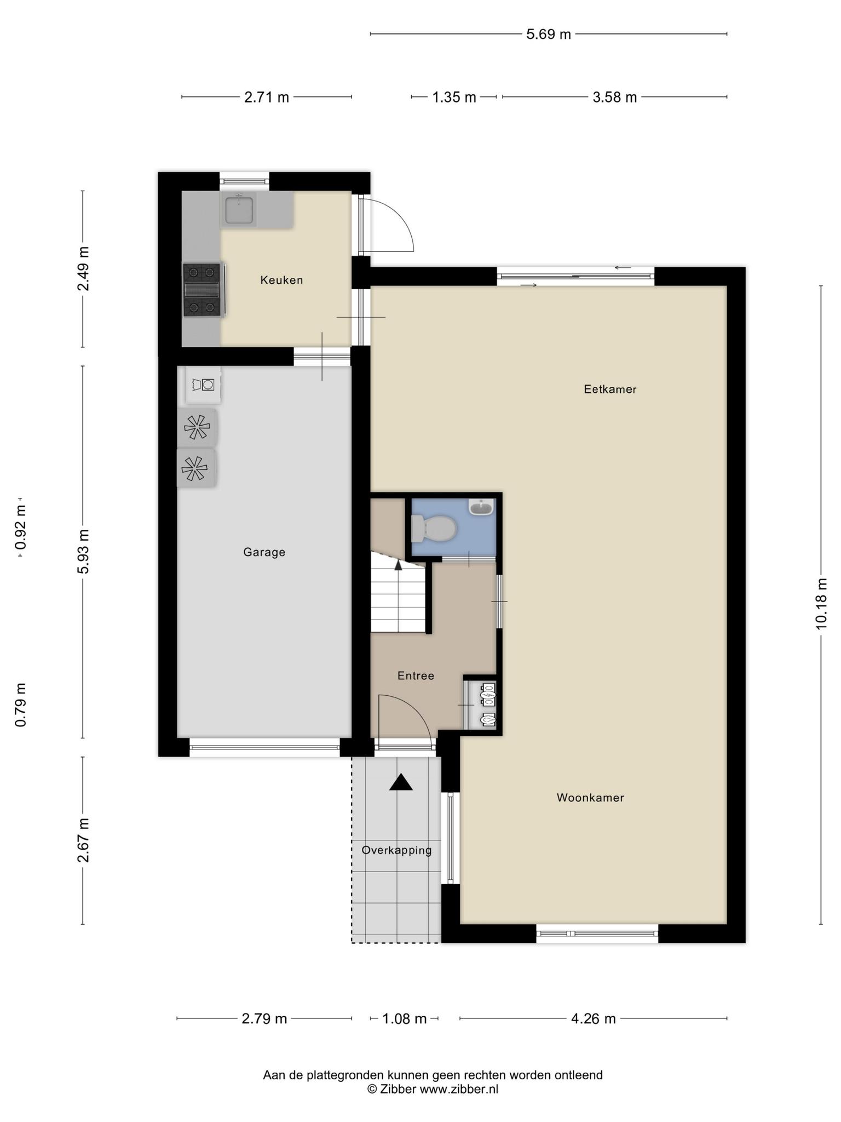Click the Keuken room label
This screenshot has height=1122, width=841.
pos(281,280)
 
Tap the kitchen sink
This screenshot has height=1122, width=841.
pos(239,209)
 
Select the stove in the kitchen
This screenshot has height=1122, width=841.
pos(203,290)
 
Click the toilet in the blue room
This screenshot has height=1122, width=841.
pos(434,529)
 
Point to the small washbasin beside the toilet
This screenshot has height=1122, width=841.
pos(481,507)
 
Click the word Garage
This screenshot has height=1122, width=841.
pos(264,552)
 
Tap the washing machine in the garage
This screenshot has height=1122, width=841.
pos(203,385)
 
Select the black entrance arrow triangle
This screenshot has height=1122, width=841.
pos(401,782)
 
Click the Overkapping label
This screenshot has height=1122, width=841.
pos(396,850)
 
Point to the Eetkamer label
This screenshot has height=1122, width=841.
pos(610,390)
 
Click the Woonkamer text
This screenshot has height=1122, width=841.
pos(590,798)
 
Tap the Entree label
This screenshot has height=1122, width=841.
pos(416,676)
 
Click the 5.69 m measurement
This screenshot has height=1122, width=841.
pos(549,35)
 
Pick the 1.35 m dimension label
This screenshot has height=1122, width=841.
pos(454,98)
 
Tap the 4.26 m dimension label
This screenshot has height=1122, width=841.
pos(594,1018)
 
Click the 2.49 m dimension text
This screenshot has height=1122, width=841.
pos(83,268)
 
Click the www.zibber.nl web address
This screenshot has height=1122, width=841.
pos(459,1089)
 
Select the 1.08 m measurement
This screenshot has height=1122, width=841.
pos(404,1018)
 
